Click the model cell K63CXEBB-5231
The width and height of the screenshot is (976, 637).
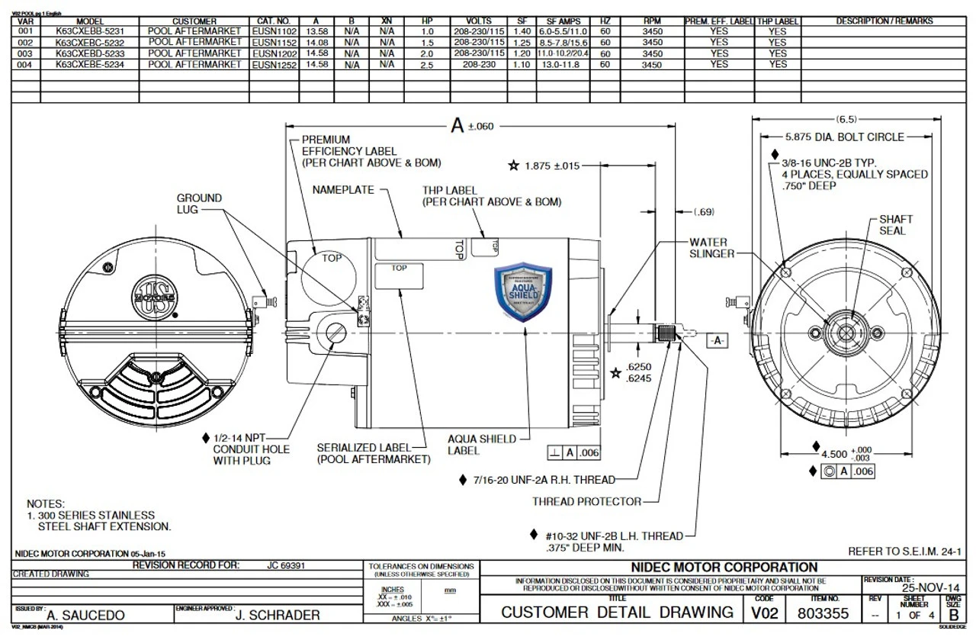pyautogui.click(x=90, y=32)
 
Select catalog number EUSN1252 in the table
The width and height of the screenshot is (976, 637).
pyautogui.click(x=274, y=66)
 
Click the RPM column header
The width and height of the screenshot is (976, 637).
pyautogui.click(x=651, y=21)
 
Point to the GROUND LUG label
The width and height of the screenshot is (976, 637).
pyautogui.click(x=199, y=203)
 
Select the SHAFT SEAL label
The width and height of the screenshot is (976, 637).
pyautogui.click(x=895, y=224)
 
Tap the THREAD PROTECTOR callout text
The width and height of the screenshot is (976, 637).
pyautogui.click(x=586, y=501)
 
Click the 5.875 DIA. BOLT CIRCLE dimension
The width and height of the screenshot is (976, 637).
pyautogui.click(x=844, y=137)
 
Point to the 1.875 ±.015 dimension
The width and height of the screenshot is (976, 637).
pyautogui.click(x=551, y=166)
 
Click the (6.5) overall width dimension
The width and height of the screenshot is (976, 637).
pyautogui.click(x=846, y=119)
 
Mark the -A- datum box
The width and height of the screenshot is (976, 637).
pyautogui.click(x=718, y=341)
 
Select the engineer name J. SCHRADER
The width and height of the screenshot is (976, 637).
pyautogui.click(x=278, y=615)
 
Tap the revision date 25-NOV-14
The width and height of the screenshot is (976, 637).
pyautogui.click(x=930, y=588)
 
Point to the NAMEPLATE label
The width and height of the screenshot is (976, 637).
pyautogui.click(x=343, y=190)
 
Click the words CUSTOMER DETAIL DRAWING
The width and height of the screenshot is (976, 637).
pyautogui.click(x=617, y=613)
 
